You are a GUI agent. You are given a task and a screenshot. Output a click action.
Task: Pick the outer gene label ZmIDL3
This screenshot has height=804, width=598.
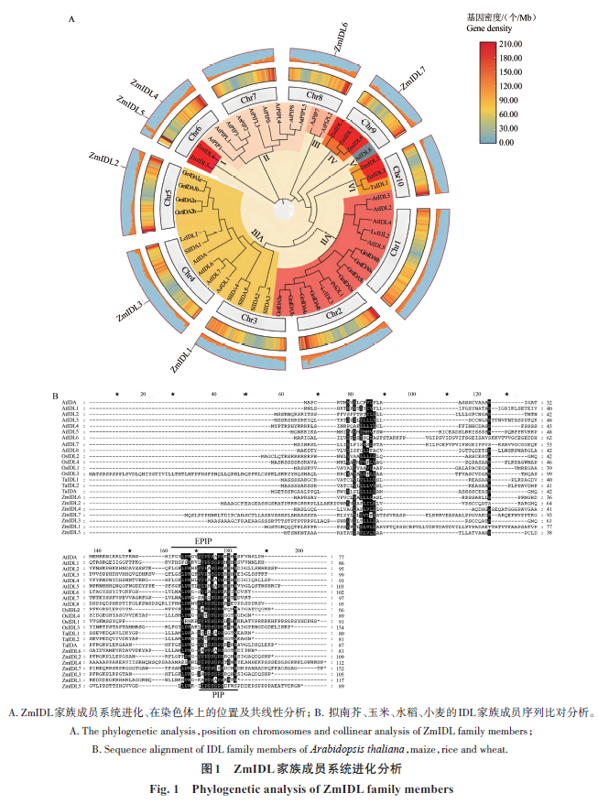126,306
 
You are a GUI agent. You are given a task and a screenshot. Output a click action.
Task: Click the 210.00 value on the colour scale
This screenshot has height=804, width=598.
511,44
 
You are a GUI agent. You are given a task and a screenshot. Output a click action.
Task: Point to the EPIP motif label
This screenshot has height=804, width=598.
228,541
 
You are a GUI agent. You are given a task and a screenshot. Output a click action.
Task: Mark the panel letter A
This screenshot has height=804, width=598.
71,16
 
